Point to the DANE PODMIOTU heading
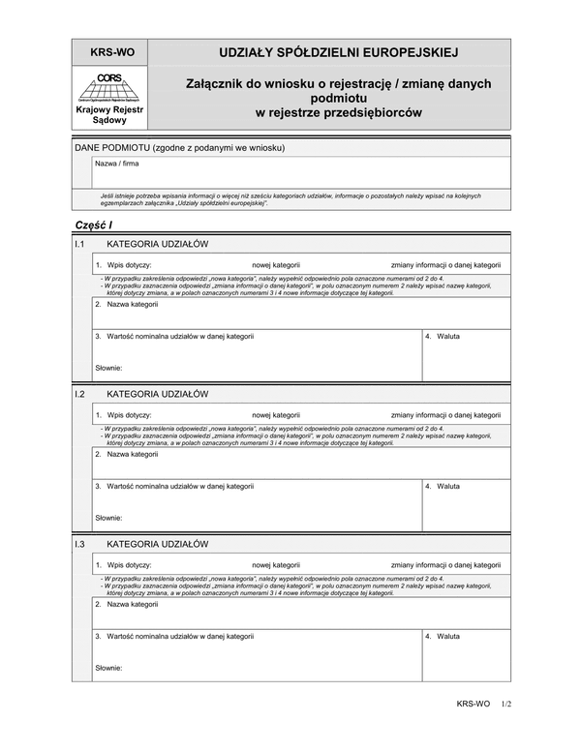179,147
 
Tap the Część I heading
94,225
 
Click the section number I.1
80,245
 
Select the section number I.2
80,395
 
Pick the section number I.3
80,545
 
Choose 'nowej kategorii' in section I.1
277,264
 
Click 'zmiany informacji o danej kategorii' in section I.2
446,414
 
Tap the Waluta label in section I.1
446,336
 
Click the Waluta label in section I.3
446,636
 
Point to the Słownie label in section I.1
108,368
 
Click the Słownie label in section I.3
108,668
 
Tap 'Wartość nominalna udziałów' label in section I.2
178,486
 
